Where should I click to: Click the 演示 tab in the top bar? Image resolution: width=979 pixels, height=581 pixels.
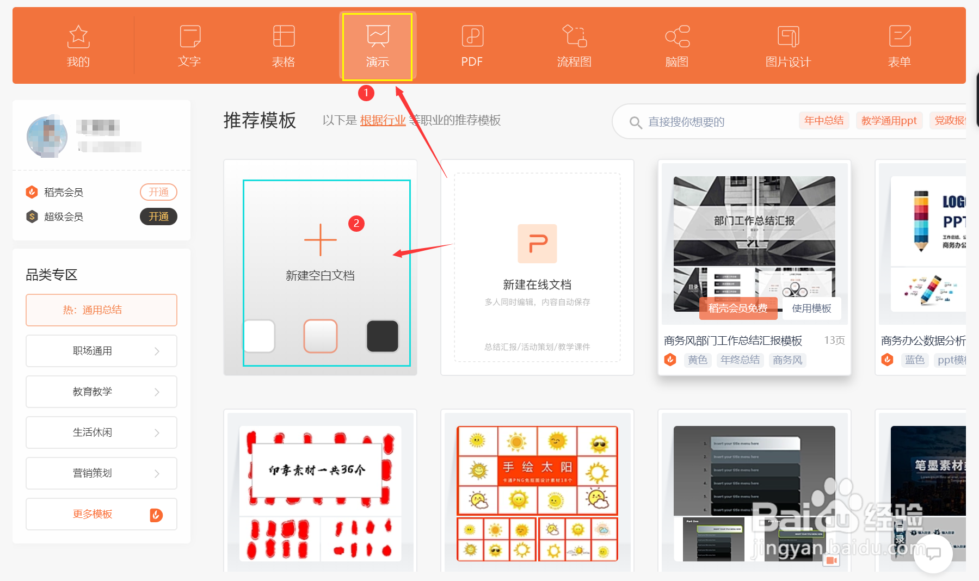tap(377, 46)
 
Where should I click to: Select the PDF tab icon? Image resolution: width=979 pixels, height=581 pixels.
tap(472, 36)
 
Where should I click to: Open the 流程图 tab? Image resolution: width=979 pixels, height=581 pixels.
tap(574, 46)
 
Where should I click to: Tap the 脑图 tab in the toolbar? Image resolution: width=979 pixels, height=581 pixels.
tap(677, 46)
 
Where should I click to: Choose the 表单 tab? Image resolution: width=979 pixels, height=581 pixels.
tap(899, 46)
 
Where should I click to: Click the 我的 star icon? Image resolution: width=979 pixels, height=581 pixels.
tap(78, 36)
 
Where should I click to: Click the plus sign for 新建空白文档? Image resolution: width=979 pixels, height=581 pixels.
tap(320, 240)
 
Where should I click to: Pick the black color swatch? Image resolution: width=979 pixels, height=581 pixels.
tap(383, 336)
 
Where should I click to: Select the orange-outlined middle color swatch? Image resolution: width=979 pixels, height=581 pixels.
tap(320, 336)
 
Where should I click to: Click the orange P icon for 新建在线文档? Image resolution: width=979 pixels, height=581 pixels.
tap(537, 243)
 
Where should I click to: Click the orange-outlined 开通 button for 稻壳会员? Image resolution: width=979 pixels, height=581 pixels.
tap(158, 192)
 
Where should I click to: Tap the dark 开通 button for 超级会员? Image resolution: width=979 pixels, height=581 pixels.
tap(158, 217)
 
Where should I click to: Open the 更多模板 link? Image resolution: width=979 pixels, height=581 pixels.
tap(93, 514)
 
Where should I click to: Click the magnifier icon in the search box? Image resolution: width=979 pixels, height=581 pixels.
tap(635, 122)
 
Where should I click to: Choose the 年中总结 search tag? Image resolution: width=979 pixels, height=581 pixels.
tap(824, 120)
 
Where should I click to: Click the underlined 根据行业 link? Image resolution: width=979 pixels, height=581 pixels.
tap(383, 120)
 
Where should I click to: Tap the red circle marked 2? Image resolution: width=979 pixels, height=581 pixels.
tap(356, 223)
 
